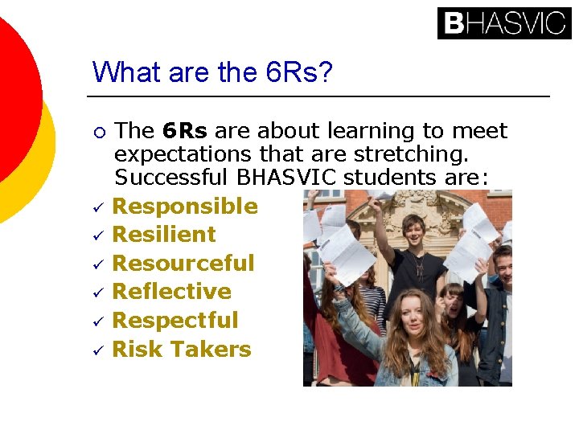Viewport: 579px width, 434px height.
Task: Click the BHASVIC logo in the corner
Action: [x=503, y=23]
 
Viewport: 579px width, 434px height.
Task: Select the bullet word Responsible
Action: [x=185, y=207]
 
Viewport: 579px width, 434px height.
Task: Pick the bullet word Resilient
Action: [x=164, y=235]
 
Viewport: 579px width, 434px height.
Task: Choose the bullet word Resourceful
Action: [x=183, y=264]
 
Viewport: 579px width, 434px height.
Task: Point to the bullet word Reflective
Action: [x=172, y=292]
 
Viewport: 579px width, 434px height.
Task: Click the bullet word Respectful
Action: [x=175, y=321]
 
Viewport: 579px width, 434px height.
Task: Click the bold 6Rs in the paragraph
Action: [x=185, y=131]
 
